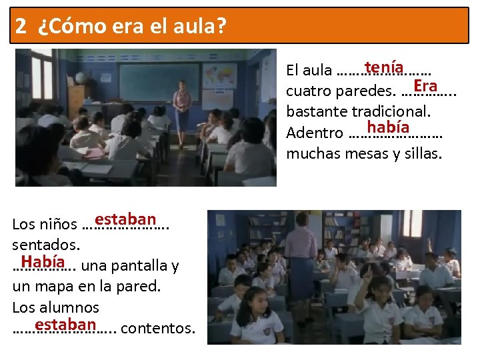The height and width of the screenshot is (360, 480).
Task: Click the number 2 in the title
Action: [21, 26]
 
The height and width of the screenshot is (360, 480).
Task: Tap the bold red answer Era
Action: [425, 85]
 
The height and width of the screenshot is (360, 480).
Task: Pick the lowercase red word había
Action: [387, 127]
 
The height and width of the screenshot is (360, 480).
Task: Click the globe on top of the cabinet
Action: [79, 78]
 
